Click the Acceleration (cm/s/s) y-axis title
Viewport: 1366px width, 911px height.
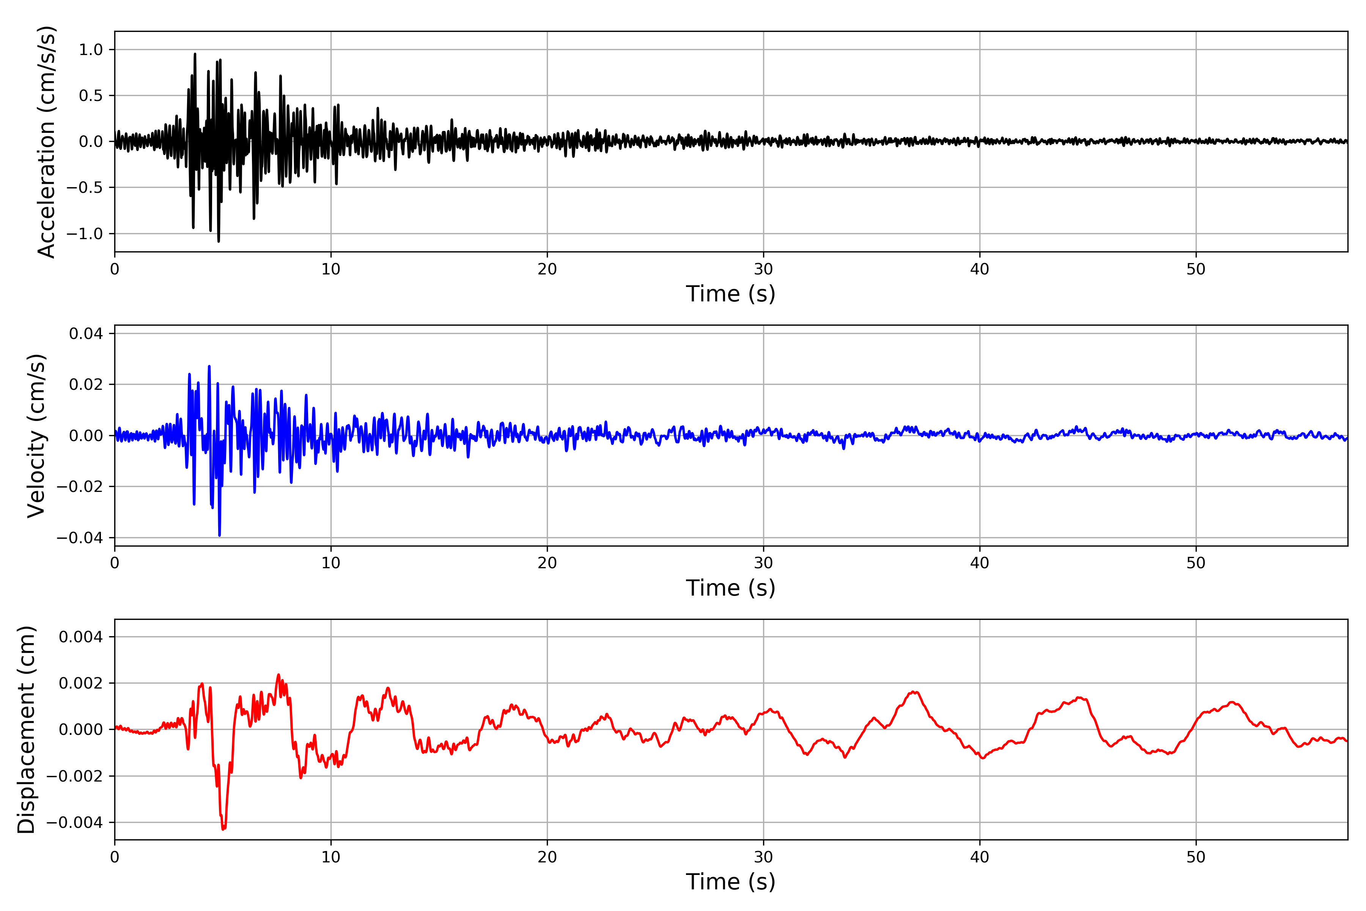coord(46,142)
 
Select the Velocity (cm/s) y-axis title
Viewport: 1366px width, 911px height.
coord(36,436)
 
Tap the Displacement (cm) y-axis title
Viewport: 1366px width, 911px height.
coord(26,730)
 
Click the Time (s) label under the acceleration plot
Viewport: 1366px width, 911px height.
coord(731,294)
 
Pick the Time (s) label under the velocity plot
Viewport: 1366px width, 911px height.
coord(731,588)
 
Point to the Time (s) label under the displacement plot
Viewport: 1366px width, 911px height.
coord(731,882)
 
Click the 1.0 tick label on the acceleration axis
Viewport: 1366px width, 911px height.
coord(91,50)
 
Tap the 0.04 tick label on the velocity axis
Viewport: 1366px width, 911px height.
coord(86,334)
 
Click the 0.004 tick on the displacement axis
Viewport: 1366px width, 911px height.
coord(81,637)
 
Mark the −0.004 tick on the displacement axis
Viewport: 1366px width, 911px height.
coord(74,823)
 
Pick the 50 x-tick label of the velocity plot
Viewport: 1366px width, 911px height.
coord(1196,563)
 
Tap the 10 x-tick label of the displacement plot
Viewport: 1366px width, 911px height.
coord(331,857)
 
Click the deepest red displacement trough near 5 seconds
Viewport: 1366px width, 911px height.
coord(223,829)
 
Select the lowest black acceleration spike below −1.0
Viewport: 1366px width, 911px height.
coord(219,241)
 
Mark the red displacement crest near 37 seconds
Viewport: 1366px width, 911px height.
coord(914,692)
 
